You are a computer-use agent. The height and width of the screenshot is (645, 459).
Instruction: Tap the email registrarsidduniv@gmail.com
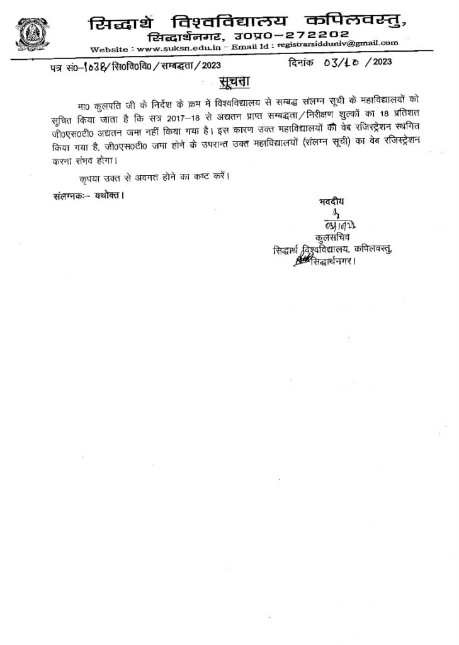click(341, 43)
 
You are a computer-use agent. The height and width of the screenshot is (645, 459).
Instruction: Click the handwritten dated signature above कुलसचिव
click(330, 225)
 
